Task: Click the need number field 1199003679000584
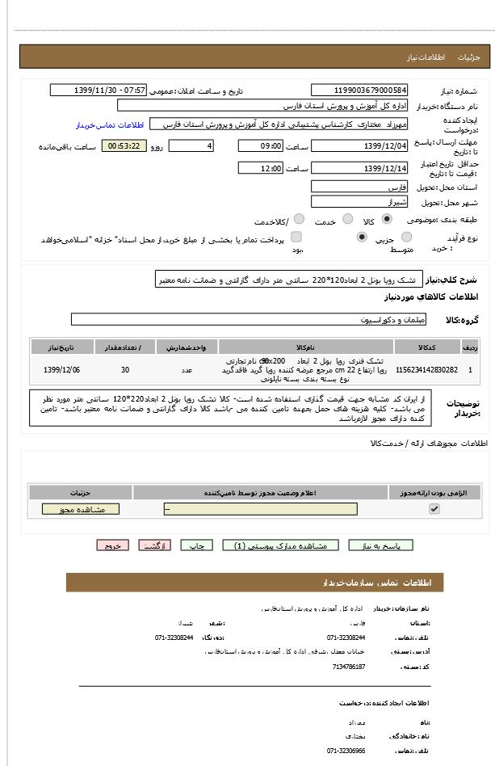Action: [x=359, y=90]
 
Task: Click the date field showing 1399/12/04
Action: [x=359, y=146]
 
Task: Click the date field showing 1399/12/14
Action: [x=359, y=168]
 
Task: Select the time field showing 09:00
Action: [x=260, y=146]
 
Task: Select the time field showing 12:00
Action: [x=260, y=168]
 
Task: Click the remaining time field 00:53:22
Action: [x=124, y=146]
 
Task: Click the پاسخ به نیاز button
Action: [x=380, y=545]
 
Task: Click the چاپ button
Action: [x=196, y=545]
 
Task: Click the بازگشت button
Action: [x=155, y=545]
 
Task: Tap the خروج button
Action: [x=112, y=545]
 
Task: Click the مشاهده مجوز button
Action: [x=80, y=509]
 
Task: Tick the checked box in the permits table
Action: [x=434, y=509]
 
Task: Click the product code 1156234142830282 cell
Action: [x=426, y=369]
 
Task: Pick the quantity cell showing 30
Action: [x=124, y=369]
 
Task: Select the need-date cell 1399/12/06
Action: [x=62, y=369]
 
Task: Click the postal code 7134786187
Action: [x=349, y=667]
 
